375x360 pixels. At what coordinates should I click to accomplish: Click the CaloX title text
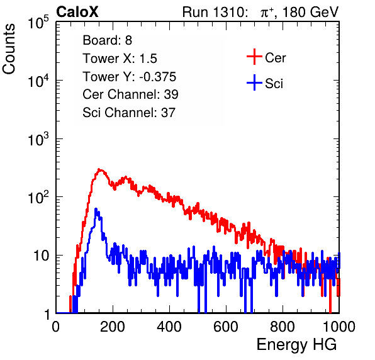pos(77,12)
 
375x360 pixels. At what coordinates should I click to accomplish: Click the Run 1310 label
pos(215,12)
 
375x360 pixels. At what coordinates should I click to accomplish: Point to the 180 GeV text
pos(310,12)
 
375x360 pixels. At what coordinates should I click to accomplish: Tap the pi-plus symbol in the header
pos(267,13)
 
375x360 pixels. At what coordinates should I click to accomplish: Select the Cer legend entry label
pos(275,58)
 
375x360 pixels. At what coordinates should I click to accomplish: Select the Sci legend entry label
pos(274,84)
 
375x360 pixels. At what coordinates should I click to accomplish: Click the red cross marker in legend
pos(254,57)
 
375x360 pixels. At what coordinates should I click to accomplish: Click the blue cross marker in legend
pos(254,82)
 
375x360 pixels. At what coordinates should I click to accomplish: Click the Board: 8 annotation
pos(108,40)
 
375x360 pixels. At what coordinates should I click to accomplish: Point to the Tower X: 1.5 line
pos(120,59)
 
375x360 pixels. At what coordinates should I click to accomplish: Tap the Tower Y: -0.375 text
pos(130,77)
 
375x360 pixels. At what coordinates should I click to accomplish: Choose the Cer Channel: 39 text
pos(130,94)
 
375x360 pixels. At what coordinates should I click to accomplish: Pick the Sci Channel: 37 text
pos(129,113)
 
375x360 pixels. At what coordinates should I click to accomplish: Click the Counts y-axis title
pos(9,49)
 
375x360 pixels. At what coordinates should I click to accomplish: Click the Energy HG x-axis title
pos(296,345)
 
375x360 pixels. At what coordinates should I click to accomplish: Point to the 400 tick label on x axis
pos(169,327)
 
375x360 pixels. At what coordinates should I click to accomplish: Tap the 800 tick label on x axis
pos(283,327)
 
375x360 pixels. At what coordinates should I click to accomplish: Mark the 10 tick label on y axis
pos(41,256)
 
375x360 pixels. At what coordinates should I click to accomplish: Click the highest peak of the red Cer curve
pos(100,169)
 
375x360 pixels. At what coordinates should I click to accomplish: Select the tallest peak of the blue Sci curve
pos(96,209)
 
